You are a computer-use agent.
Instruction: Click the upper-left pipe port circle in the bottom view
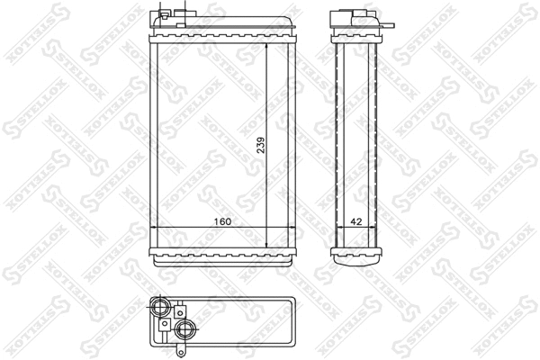163,307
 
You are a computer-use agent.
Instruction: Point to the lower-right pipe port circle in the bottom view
187,328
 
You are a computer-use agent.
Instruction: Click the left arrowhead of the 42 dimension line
338,227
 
